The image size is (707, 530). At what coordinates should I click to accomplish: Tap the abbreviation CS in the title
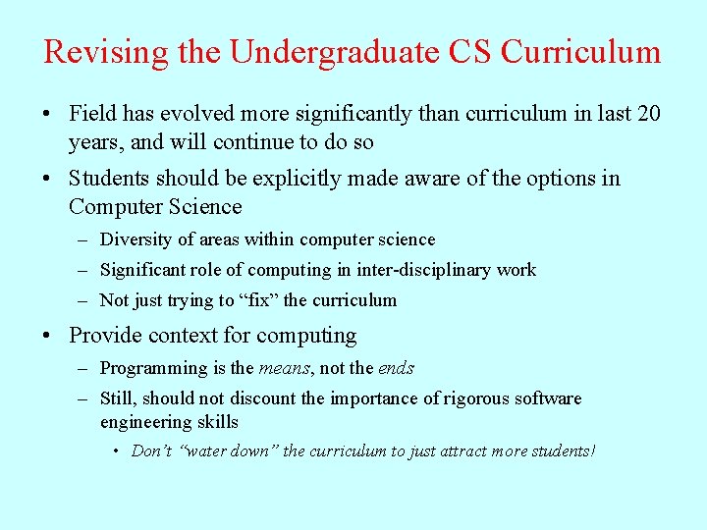coord(471,52)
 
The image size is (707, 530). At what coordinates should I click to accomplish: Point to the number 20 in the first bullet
coord(648,114)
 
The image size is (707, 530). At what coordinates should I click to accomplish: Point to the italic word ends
coord(396,369)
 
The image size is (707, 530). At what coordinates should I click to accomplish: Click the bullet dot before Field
coord(48,115)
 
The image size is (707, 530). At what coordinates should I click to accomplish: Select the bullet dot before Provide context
coord(48,337)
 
